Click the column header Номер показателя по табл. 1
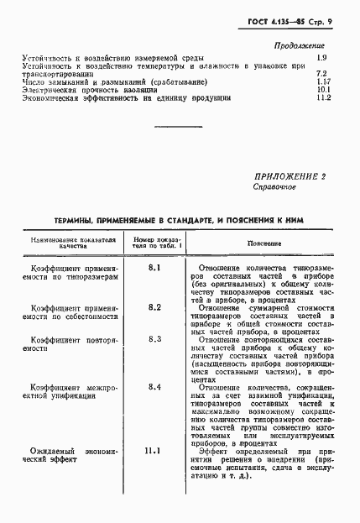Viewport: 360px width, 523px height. point(154,243)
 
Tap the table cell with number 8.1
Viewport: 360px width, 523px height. point(154,268)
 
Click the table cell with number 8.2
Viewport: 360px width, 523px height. point(154,307)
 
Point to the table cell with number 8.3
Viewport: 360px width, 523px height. point(154,338)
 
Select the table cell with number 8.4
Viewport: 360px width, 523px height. point(154,386)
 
